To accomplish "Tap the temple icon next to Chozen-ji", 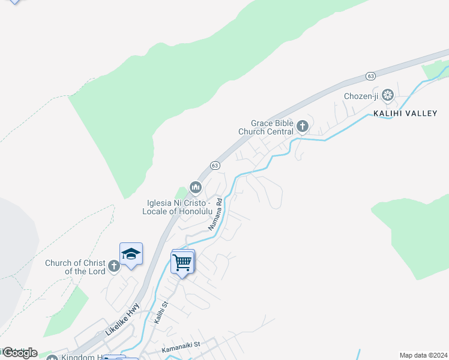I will (x=388, y=95).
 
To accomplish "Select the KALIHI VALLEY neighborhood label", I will (x=405, y=113).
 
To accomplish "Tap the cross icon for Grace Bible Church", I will (x=303, y=126).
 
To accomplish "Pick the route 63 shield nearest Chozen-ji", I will (x=371, y=76).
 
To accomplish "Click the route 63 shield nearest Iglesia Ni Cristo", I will (x=215, y=165).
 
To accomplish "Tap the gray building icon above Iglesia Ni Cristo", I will (x=195, y=188).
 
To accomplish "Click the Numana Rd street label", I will (x=215, y=215).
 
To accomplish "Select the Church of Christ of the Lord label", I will (x=75, y=267).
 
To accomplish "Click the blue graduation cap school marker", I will (x=131, y=254).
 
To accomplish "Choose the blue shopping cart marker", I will (x=182, y=262).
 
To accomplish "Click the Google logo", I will (x=19, y=352).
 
